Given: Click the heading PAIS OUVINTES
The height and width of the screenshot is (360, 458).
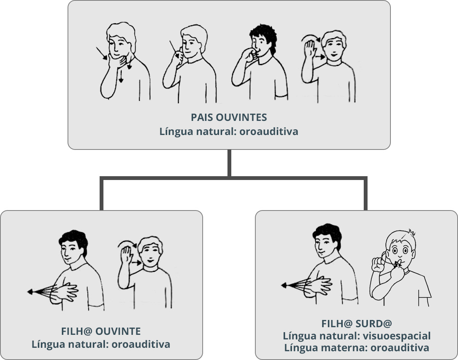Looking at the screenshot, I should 229,117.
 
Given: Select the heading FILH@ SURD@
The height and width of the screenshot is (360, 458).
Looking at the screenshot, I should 356,324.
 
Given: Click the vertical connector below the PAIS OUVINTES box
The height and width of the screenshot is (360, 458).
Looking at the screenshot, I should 229,163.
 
